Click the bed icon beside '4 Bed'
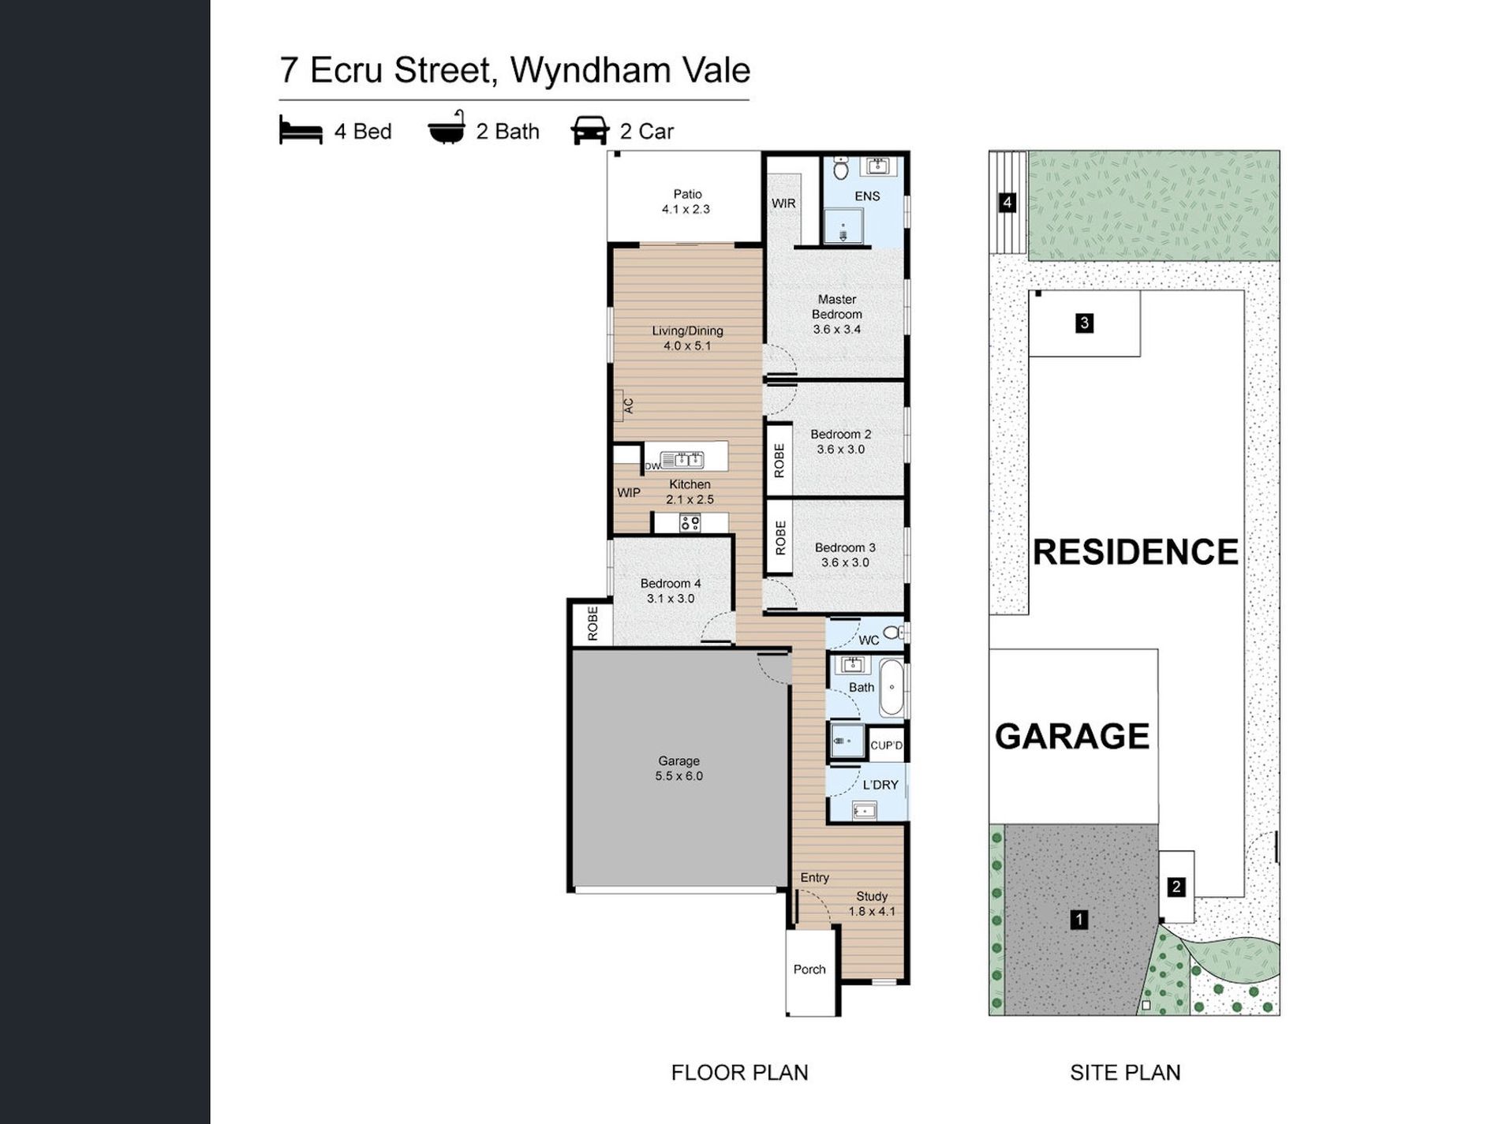coord(301,131)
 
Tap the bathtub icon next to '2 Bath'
coord(447,128)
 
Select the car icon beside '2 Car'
coord(590,131)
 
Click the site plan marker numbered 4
coord(1007,203)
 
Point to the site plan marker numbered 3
coord(1085,323)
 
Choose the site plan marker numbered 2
coord(1176,887)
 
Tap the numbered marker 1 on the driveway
coord(1078,919)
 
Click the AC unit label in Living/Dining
coord(629,406)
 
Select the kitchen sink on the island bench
coord(682,459)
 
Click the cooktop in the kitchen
coord(690,522)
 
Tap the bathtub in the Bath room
coord(892,688)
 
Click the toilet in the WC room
coord(894,632)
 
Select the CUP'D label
coord(886,745)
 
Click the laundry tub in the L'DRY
coord(864,810)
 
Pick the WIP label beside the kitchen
coord(629,493)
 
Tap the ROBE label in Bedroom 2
coord(779,461)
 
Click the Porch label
coord(809,969)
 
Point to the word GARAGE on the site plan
coord(1072,736)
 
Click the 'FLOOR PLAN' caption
coord(739,1073)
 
